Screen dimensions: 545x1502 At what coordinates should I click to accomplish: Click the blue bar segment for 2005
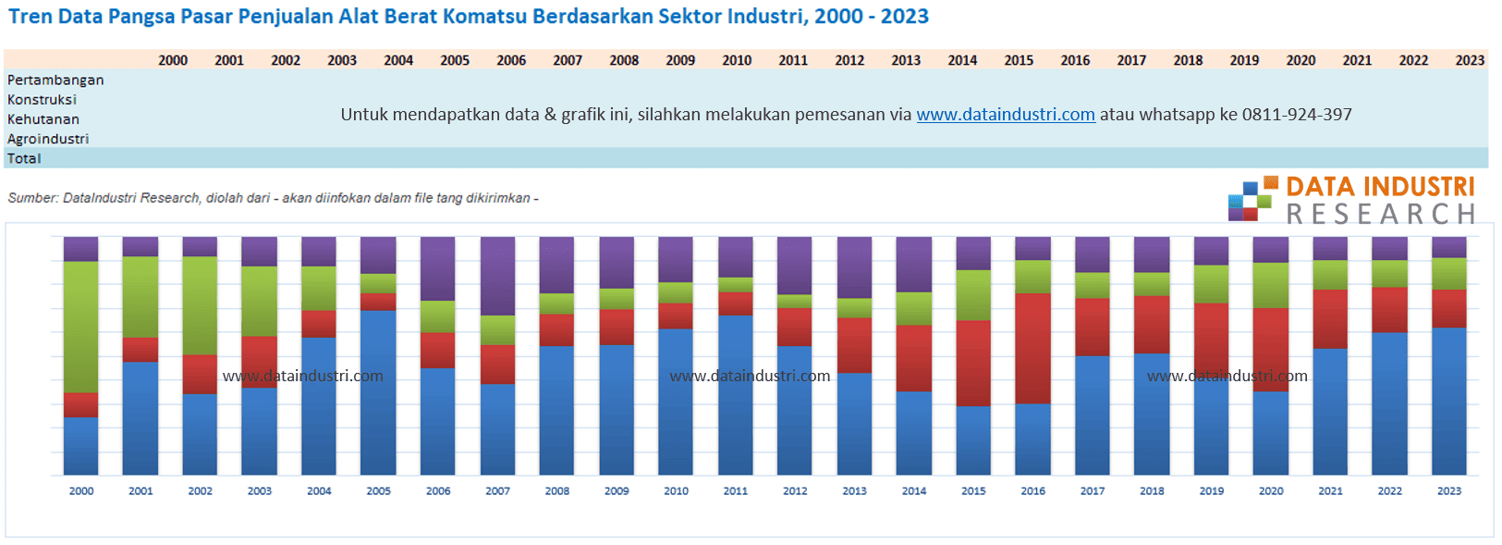(378, 392)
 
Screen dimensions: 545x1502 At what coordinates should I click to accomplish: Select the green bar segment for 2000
(81, 327)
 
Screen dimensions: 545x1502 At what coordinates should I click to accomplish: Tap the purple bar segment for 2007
(497, 276)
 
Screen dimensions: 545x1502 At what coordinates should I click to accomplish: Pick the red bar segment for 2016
(1032, 348)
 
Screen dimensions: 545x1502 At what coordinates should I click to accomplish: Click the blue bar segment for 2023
(1448, 401)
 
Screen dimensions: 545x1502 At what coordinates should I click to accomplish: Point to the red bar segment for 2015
(973, 363)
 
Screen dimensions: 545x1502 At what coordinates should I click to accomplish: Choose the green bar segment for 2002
(200, 305)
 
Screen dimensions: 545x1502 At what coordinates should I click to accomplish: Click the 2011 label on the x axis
(736, 491)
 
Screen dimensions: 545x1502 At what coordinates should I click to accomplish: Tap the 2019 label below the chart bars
(1211, 491)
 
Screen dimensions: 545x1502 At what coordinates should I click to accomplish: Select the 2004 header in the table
(398, 60)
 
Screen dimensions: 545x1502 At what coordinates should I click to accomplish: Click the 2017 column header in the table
(1131, 60)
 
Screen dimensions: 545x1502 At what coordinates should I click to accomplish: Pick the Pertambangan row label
(55, 81)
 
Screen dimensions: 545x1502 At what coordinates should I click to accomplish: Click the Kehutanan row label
(43, 119)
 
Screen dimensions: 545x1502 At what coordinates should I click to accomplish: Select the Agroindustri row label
(48, 139)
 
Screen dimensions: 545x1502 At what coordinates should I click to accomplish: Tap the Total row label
(24, 158)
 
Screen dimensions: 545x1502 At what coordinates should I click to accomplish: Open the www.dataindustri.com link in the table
(1006, 115)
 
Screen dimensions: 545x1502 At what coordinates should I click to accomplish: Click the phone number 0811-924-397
(1297, 115)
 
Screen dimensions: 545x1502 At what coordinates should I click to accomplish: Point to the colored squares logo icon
(1251, 199)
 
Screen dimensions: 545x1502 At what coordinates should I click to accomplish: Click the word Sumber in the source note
(31, 198)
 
